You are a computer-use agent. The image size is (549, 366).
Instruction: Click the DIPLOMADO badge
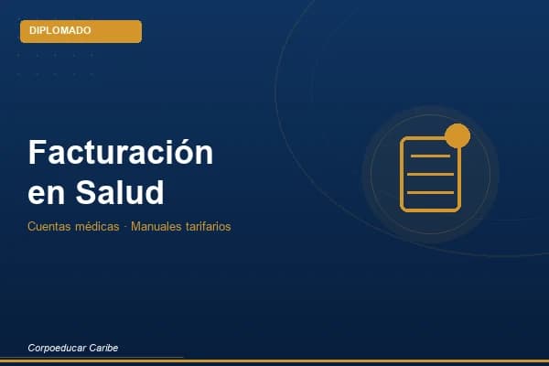tap(81, 31)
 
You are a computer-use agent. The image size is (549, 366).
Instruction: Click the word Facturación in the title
tap(121, 152)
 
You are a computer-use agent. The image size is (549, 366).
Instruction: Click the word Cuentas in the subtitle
tap(48, 226)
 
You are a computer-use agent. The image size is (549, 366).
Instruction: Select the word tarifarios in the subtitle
tap(207, 226)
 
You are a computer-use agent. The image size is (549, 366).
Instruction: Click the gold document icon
tap(430, 174)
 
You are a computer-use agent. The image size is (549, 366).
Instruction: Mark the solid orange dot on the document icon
tap(457, 137)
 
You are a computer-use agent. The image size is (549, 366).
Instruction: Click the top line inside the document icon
tap(430, 156)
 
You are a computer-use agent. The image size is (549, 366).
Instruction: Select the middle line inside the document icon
tap(430, 174)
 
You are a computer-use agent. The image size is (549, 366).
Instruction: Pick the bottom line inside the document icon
tap(430, 192)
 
